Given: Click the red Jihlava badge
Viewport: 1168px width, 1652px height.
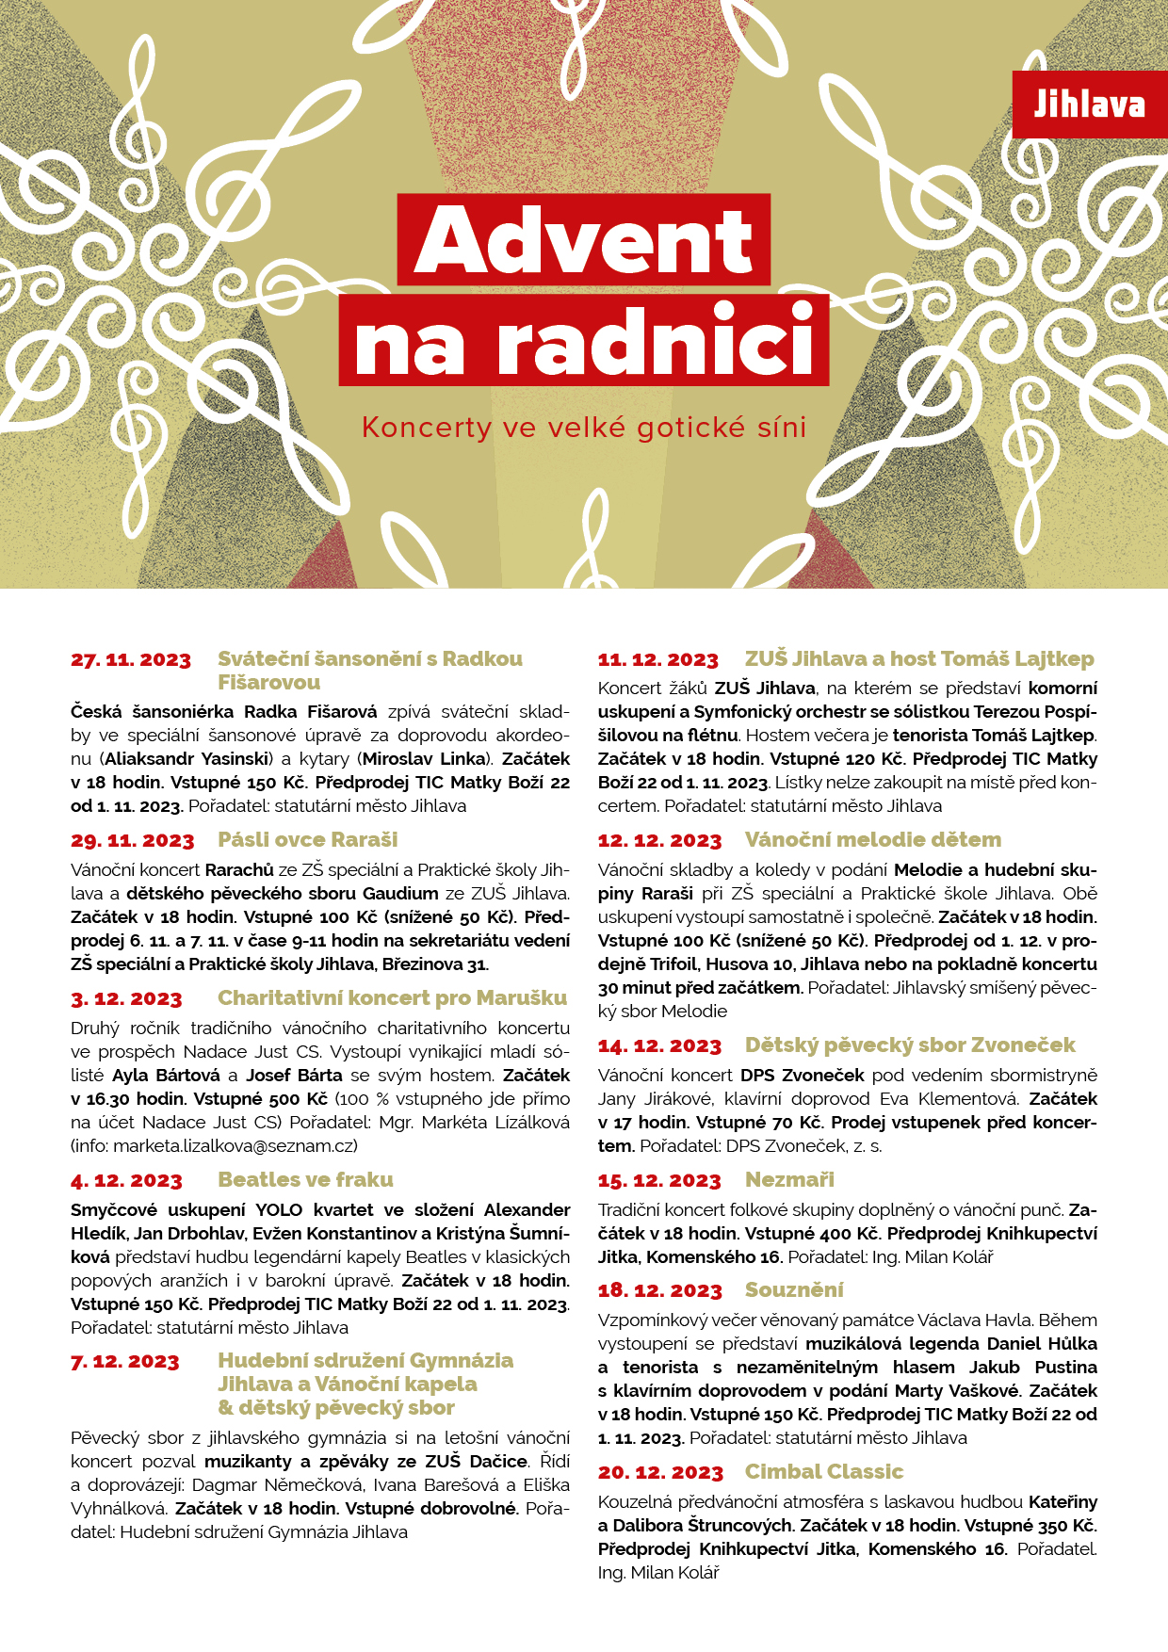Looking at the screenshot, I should [x=1089, y=105].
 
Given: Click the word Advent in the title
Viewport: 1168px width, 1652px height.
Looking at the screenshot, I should [x=583, y=240].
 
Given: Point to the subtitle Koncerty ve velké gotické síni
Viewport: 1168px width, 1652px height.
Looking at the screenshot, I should [x=584, y=428].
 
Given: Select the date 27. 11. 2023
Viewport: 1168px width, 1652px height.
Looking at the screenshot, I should [x=131, y=660].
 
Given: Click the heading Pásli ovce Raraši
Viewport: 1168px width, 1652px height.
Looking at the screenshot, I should [x=308, y=839].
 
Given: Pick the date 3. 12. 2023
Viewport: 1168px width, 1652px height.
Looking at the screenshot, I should [x=126, y=999].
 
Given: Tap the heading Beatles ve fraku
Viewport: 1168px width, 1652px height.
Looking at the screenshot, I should [x=305, y=1179].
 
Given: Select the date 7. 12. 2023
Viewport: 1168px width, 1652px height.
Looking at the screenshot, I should [x=124, y=1362].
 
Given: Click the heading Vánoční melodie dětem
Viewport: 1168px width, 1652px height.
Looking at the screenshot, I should [x=873, y=839].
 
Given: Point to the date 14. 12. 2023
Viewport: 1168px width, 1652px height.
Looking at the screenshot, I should [x=659, y=1046].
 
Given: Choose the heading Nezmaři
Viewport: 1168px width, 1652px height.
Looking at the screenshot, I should [x=789, y=1179].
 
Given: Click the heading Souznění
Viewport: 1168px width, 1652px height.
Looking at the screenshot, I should [x=794, y=1289].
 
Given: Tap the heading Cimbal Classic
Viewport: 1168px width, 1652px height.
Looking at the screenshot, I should [x=824, y=1471].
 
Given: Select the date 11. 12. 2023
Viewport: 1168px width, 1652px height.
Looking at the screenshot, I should [x=657, y=660].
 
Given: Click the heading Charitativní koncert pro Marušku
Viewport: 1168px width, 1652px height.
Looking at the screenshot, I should [x=393, y=997].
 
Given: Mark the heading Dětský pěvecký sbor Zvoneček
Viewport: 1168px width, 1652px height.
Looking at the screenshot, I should [x=910, y=1045].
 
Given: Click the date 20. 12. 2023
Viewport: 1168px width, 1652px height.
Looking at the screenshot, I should [x=660, y=1473].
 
